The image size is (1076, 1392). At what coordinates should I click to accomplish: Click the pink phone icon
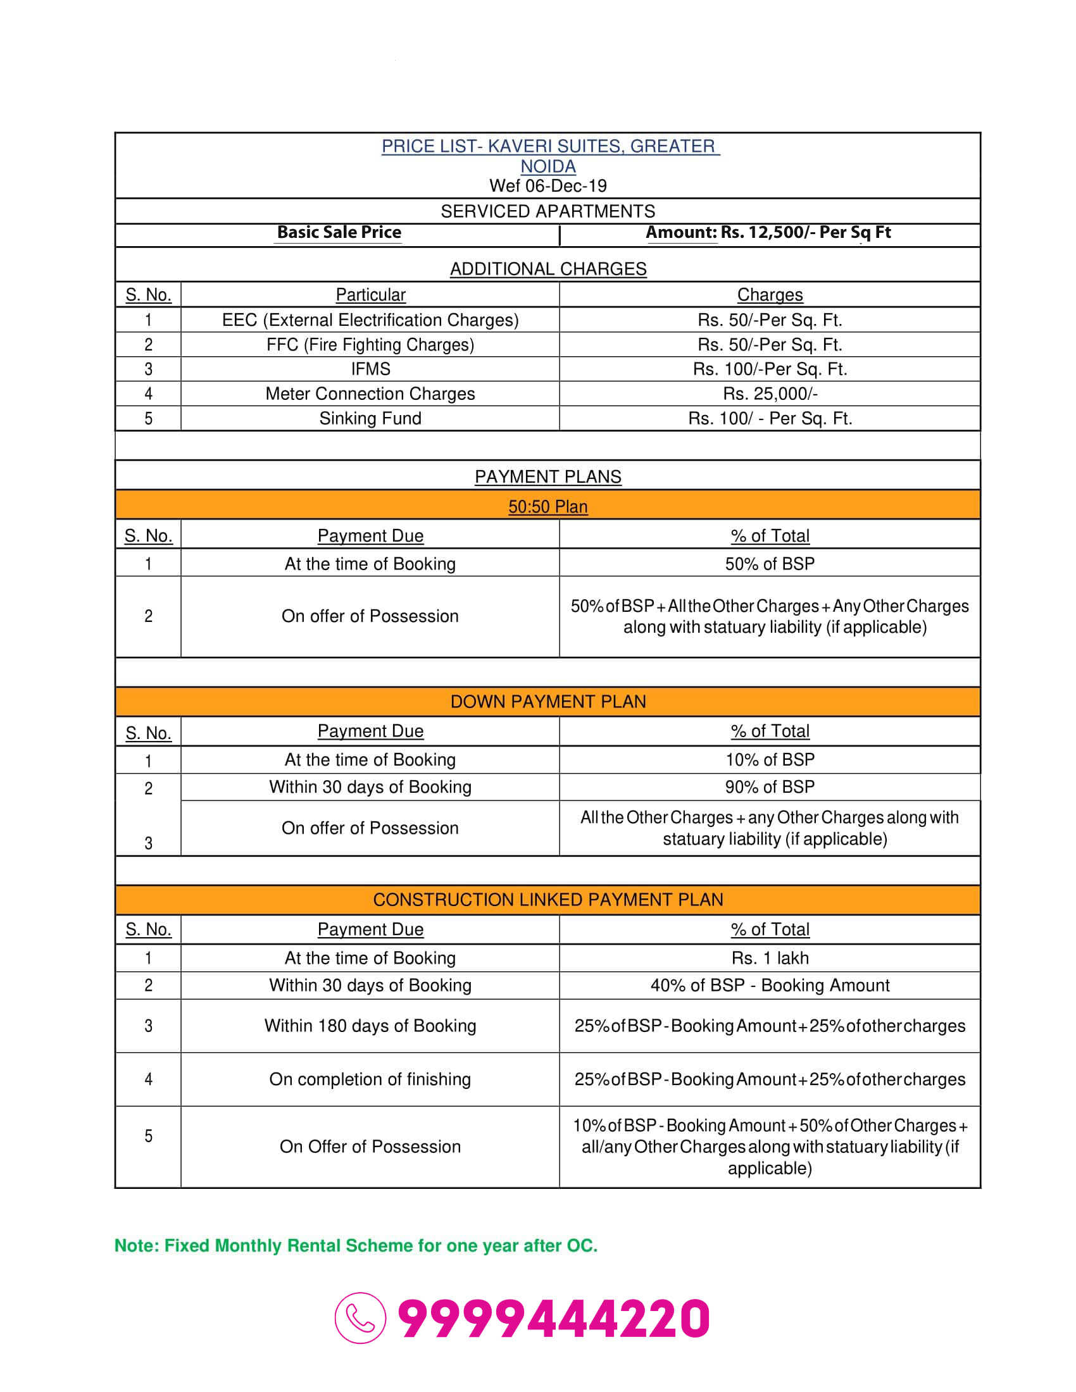coord(360,1317)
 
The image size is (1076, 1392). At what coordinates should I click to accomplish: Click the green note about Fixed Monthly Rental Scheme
coord(356,1245)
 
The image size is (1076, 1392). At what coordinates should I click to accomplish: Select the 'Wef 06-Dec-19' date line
coord(547,185)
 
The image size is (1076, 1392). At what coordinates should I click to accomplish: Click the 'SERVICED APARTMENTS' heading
coord(547,211)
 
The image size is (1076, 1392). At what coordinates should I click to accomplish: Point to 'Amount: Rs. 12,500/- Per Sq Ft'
coord(768,233)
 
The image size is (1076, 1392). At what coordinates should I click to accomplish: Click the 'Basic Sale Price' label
coord(339,233)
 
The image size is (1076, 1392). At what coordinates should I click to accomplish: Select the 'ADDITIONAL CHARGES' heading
coord(547,269)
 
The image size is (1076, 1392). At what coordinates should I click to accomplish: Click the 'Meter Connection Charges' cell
coord(370,394)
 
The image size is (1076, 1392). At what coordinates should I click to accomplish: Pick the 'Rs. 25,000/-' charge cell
coord(770,394)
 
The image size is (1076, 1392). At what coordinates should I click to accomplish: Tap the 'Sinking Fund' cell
coord(370,418)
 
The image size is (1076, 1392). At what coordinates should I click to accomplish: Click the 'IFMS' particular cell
coord(370,369)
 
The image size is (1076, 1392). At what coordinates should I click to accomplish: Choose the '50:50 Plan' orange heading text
coord(547,507)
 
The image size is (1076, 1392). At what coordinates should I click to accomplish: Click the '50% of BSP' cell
coord(770,564)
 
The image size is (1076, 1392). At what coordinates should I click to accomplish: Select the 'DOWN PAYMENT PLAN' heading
coord(547,702)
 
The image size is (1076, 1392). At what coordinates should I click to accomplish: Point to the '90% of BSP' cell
coord(770,787)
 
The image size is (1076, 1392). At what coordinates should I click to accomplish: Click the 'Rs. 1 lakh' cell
coord(770,958)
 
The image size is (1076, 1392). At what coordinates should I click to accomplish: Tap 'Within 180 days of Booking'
coord(370,1026)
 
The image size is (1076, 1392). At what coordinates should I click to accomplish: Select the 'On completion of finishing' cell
coord(370,1079)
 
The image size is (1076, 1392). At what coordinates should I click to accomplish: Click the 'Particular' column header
coord(370,295)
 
